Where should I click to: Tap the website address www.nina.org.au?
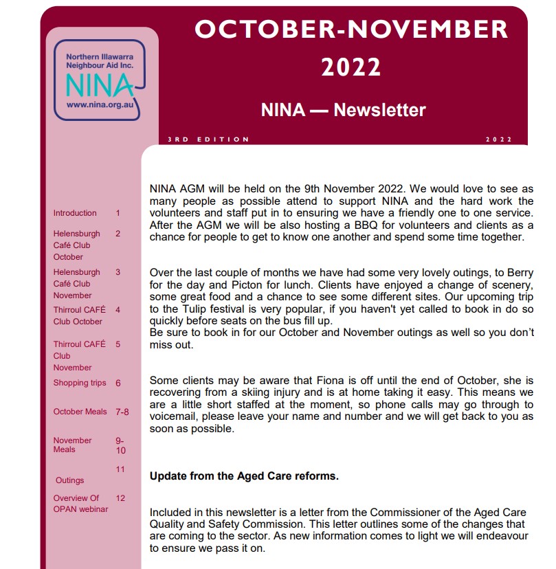[x=99, y=105]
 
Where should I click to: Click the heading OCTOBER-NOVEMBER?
[x=351, y=29]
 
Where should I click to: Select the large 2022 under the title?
[x=351, y=67]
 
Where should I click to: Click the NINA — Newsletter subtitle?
[x=343, y=110]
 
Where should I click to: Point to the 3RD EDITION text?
[x=208, y=140]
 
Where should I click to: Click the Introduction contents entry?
[x=75, y=213]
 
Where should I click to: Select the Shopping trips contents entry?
[x=80, y=383]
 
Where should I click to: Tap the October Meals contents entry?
[x=80, y=412]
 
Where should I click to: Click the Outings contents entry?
[x=69, y=480]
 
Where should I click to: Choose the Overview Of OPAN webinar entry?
[x=76, y=503]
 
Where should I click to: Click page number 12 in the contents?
[x=120, y=498]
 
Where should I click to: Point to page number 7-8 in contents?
[x=122, y=412]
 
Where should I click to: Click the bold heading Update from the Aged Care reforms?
[x=244, y=476]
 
